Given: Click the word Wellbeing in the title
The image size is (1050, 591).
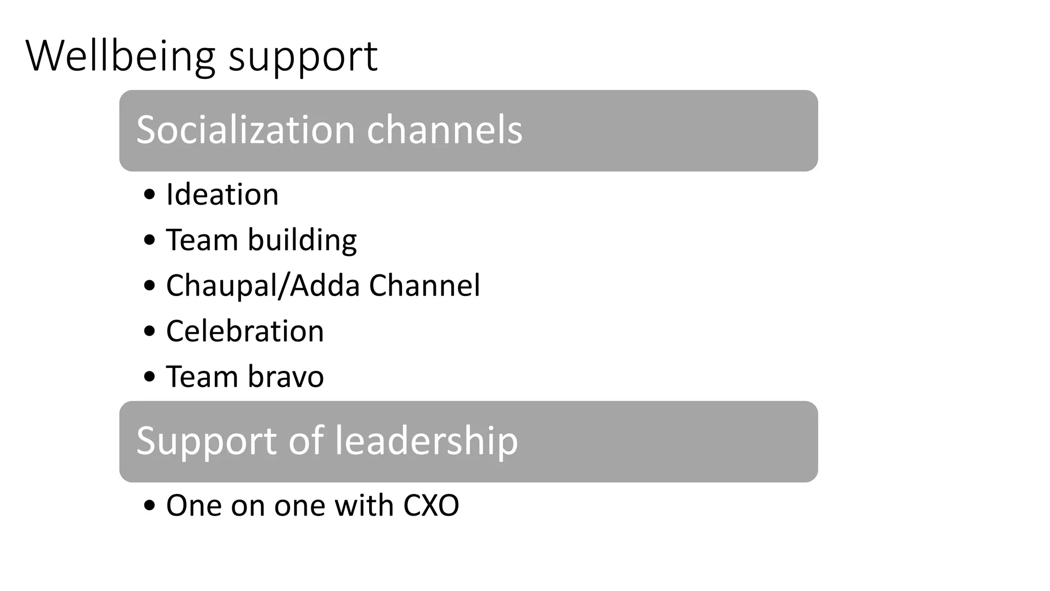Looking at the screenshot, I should pyautogui.click(x=120, y=56).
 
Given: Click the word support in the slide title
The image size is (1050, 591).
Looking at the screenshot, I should pyautogui.click(x=303, y=57).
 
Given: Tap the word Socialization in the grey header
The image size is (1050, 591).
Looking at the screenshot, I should pyautogui.click(x=246, y=130).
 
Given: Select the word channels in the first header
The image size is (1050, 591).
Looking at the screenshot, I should pyautogui.click(x=445, y=130).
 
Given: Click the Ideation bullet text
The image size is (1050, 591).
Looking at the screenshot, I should pyautogui.click(x=222, y=195).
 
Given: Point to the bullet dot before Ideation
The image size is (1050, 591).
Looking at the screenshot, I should pyautogui.click(x=150, y=195).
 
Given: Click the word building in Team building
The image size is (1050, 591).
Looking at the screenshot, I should pyautogui.click(x=302, y=241).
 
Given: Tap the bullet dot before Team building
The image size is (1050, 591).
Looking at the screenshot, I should pyautogui.click(x=150, y=241).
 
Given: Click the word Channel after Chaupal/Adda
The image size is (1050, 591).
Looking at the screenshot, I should pyautogui.click(x=425, y=286).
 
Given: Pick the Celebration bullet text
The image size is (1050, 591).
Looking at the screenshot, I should pyautogui.click(x=245, y=331).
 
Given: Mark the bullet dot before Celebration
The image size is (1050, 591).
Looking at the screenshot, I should pyautogui.click(x=150, y=331).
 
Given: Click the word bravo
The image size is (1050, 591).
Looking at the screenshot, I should pyautogui.click(x=286, y=377).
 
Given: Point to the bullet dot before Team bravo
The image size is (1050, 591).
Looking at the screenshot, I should pyautogui.click(x=150, y=377).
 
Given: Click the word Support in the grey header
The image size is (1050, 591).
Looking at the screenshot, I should pyautogui.click(x=207, y=441).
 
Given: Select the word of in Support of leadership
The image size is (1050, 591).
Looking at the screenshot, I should pyautogui.click(x=306, y=441).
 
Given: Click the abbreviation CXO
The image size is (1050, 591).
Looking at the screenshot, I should pyautogui.click(x=431, y=506).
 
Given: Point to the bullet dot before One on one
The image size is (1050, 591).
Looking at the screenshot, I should pyautogui.click(x=150, y=506).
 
